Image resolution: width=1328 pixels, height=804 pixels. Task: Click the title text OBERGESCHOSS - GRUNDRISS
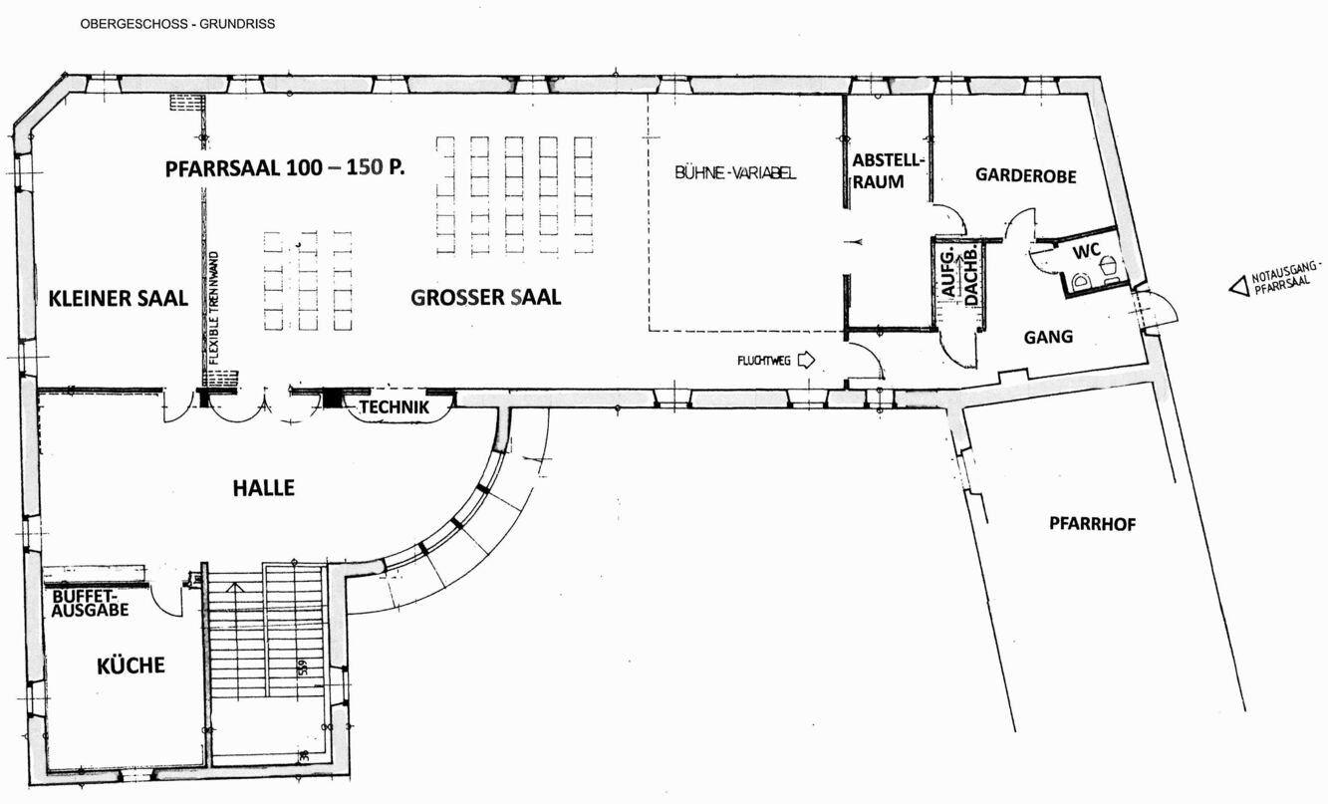[178, 24]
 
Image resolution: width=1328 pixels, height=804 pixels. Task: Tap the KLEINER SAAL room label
[118, 298]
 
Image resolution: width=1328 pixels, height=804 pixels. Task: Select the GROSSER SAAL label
[485, 297]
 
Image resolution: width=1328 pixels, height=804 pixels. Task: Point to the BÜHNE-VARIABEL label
[735, 172]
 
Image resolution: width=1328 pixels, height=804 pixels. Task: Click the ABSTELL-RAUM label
[888, 171]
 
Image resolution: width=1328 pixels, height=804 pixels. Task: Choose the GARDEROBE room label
[1026, 175]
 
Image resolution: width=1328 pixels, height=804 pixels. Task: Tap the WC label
[1086, 251]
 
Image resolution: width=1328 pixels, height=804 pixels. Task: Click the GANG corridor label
[1048, 337]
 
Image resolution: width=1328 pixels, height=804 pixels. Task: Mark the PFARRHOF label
[1093, 524]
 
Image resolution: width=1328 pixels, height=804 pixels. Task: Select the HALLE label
[263, 488]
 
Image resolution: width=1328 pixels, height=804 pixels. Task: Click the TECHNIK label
[395, 407]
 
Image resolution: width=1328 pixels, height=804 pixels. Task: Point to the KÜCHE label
[131, 666]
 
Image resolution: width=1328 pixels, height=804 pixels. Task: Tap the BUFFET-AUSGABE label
[90, 603]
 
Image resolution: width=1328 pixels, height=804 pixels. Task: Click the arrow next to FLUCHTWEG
[806, 360]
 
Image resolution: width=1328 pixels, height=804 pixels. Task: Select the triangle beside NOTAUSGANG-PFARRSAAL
[1238, 287]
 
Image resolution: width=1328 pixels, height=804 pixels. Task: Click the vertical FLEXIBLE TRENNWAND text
[214, 308]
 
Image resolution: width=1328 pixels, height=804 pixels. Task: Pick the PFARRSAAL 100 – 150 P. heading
[285, 167]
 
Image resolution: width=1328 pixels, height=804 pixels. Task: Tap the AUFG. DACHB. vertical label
[958, 275]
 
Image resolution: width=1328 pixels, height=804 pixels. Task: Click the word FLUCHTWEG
[763, 361]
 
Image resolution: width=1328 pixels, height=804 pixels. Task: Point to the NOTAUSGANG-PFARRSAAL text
[1285, 278]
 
